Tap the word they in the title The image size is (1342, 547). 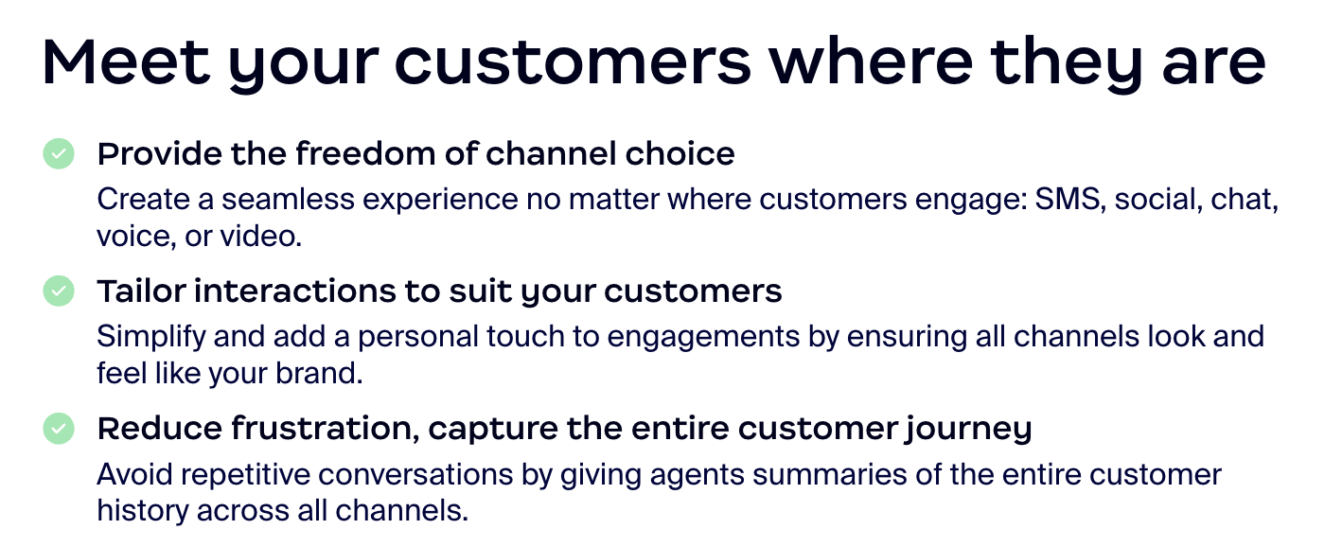(1067, 65)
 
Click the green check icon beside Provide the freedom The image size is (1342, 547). (59, 154)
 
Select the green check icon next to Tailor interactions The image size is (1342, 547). (59, 291)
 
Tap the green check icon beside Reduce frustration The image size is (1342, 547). (59, 429)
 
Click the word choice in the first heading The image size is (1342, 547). (680, 153)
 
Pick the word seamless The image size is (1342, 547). (288, 200)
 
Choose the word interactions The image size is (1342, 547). (294, 291)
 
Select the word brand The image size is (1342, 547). (319, 373)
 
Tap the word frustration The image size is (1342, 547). (326, 429)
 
